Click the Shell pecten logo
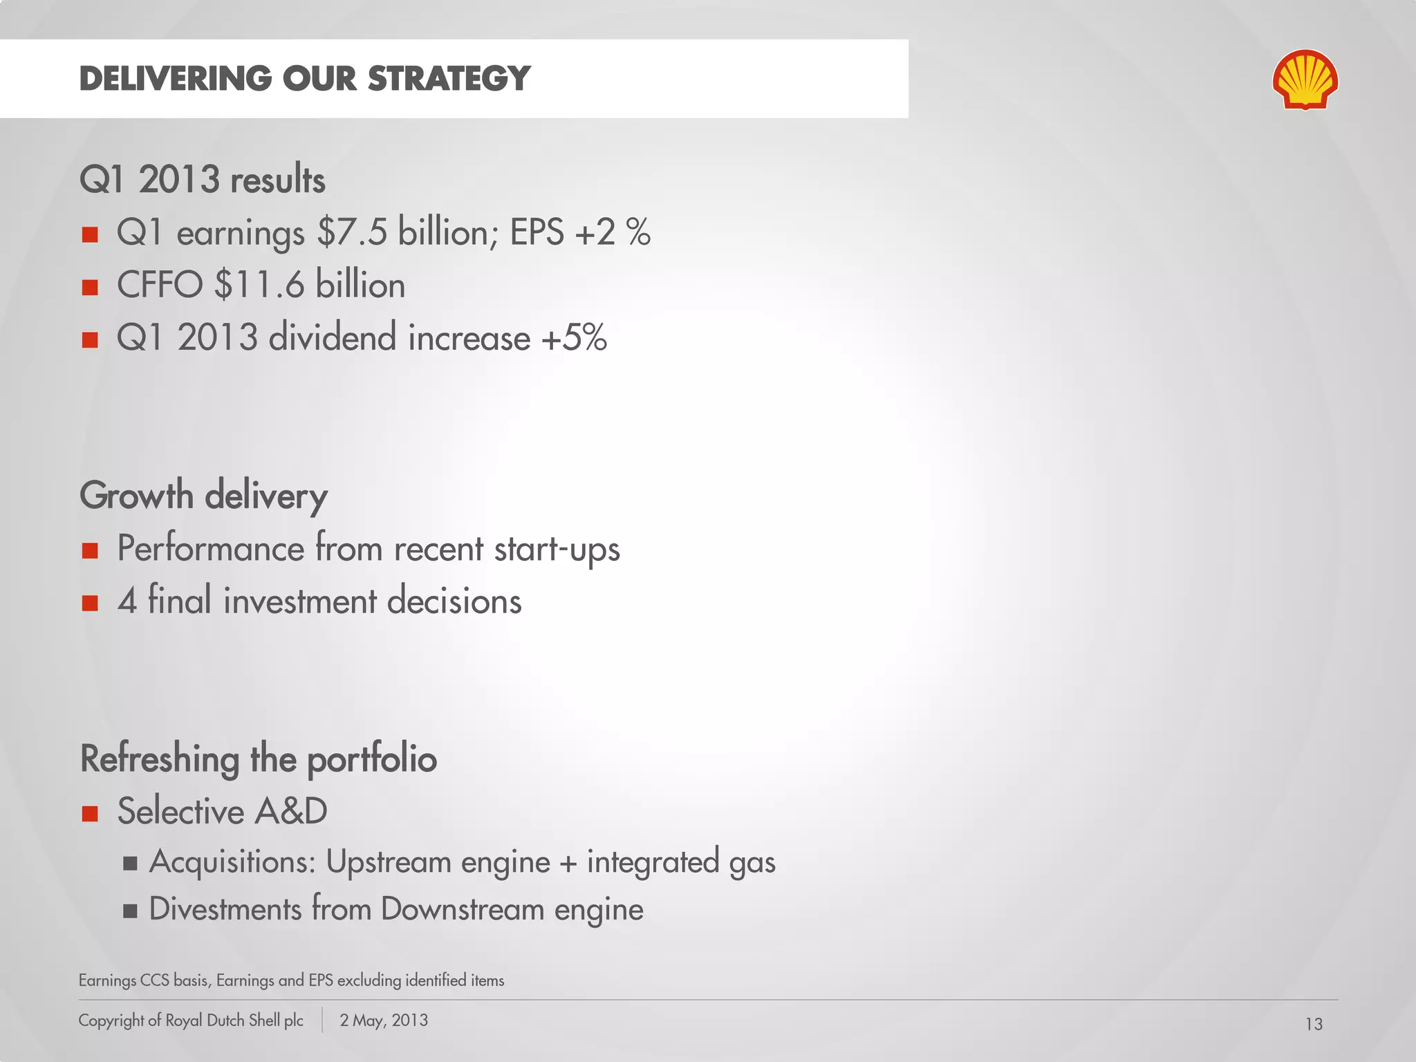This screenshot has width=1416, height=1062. click(x=1305, y=80)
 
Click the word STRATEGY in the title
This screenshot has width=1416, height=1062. click(x=449, y=78)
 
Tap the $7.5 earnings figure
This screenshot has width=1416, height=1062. click(x=352, y=232)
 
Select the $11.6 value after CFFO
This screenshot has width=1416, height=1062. click(x=259, y=285)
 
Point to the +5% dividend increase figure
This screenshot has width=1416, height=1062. click(x=574, y=337)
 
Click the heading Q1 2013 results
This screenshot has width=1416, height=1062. click(x=202, y=179)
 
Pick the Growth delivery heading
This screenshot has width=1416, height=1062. click(x=203, y=496)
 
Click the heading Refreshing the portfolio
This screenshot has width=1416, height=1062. click(x=259, y=758)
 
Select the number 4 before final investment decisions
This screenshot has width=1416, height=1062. click(x=127, y=600)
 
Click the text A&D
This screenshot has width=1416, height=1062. click(x=290, y=811)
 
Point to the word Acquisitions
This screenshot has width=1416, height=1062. click(x=232, y=862)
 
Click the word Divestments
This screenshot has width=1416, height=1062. click(x=225, y=909)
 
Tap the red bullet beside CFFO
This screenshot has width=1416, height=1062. click(x=90, y=287)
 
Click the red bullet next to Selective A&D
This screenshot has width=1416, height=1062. click(x=90, y=813)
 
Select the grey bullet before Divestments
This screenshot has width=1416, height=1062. click(x=130, y=911)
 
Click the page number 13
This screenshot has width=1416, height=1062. click(x=1314, y=1024)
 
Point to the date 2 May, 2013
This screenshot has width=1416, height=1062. click(x=384, y=1021)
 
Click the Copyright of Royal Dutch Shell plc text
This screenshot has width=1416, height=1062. click(x=191, y=1021)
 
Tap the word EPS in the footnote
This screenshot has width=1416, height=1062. click(x=321, y=980)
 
